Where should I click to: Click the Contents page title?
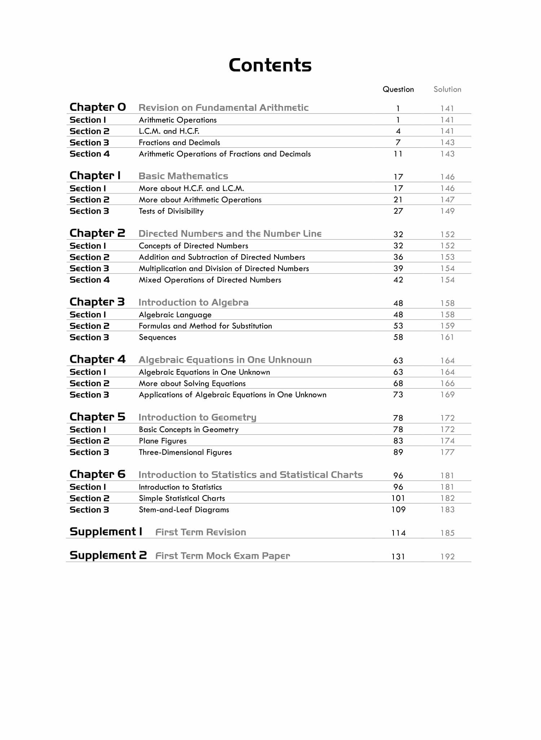pyautogui.click(x=270, y=65)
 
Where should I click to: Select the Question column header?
pyautogui.click(x=398, y=90)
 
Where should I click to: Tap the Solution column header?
pyautogui.click(x=447, y=90)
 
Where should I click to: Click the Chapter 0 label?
pyautogui.click(x=98, y=107)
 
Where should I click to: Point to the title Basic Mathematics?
pyautogui.click(x=183, y=176)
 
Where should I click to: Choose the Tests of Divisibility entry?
pyautogui.click(x=171, y=211)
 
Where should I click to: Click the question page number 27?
pyautogui.click(x=398, y=211)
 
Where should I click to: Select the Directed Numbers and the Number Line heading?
pyautogui.click(x=230, y=234)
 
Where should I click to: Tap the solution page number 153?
pyautogui.click(x=447, y=257)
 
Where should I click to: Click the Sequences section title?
pyautogui.click(x=158, y=338)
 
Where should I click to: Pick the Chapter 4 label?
pyautogui.click(x=97, y=360)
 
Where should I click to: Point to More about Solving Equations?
pyautogui.click(x=192, y=383)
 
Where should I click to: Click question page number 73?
pyautogui.click(x=398, y=395)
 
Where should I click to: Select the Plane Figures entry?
pyautogui.click(x=163, y=441)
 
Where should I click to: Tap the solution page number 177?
pyautogui.click(x=447, y=452)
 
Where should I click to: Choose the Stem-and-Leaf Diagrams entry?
pyautogui.click(x=184, y=510)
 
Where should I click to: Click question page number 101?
pyautogui.click(x=398, y=499)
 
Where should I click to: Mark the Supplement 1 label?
pyautogui.click(x=106, y=532)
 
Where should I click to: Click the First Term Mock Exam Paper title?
pyautogui.click(x=223, y=556)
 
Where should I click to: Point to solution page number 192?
pyautogui.click(x=447, y=557)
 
